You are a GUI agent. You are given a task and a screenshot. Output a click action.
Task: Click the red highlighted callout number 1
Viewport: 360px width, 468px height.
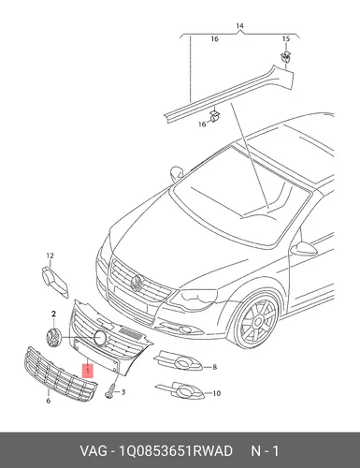pyautogui.click(x=88, y=371)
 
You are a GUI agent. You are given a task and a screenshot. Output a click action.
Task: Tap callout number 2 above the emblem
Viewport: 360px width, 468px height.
pyautogui.click(x=53, y=314)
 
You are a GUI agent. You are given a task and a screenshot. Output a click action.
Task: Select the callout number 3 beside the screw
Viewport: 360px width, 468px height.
pyautogui.click(x=123, y=392)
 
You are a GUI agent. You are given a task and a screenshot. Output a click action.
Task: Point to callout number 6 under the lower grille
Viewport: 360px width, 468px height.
pyautogui.click(x=49, y=401)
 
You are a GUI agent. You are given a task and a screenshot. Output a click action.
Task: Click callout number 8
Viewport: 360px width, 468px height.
pyautogui.click(x=214, y=367)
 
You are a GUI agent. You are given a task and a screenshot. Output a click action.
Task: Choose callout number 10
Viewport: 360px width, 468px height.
pyautogui.click(x=216, y=393)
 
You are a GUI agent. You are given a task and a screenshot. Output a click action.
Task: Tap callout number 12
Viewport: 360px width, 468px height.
pyautogui.click(x=50, y=256)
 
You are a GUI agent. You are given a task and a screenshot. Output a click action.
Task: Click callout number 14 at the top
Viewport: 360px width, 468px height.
pyautogui.click(x=239, y=25)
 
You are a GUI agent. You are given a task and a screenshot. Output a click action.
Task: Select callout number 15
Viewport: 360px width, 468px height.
pyautogui.click(x=286, y=39)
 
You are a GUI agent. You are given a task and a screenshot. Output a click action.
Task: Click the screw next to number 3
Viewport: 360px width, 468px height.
pyautogui.click(x=109, y=391)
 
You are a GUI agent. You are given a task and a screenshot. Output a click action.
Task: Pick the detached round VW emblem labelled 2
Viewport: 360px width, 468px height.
pyautogui.click(x=53, y=338)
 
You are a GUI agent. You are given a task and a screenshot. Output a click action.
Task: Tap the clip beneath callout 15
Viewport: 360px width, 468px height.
pyautogui.click(x=285, y=56)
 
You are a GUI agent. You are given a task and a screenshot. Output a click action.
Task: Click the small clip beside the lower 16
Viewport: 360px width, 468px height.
pyautogui.click(x=214, y=115)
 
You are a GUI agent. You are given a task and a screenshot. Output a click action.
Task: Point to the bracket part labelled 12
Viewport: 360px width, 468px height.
pyautogui.click(x=54, y=282)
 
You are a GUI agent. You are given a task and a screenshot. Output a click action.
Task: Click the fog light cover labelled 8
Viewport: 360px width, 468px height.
pyautogui.click(x=179, y=362)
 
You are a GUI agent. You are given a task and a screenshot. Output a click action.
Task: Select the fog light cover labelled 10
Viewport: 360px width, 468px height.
pyautogui.click(x=180, y=390)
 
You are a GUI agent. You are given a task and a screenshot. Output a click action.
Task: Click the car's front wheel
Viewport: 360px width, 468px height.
pyautogui.click(x=257, y=321)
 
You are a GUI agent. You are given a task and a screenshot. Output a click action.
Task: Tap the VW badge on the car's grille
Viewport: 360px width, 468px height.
pyautogui.click(x=137, y=284)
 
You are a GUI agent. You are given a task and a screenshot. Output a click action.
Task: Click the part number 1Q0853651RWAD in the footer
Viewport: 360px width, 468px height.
pyautogui.click(x=176, y=451)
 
